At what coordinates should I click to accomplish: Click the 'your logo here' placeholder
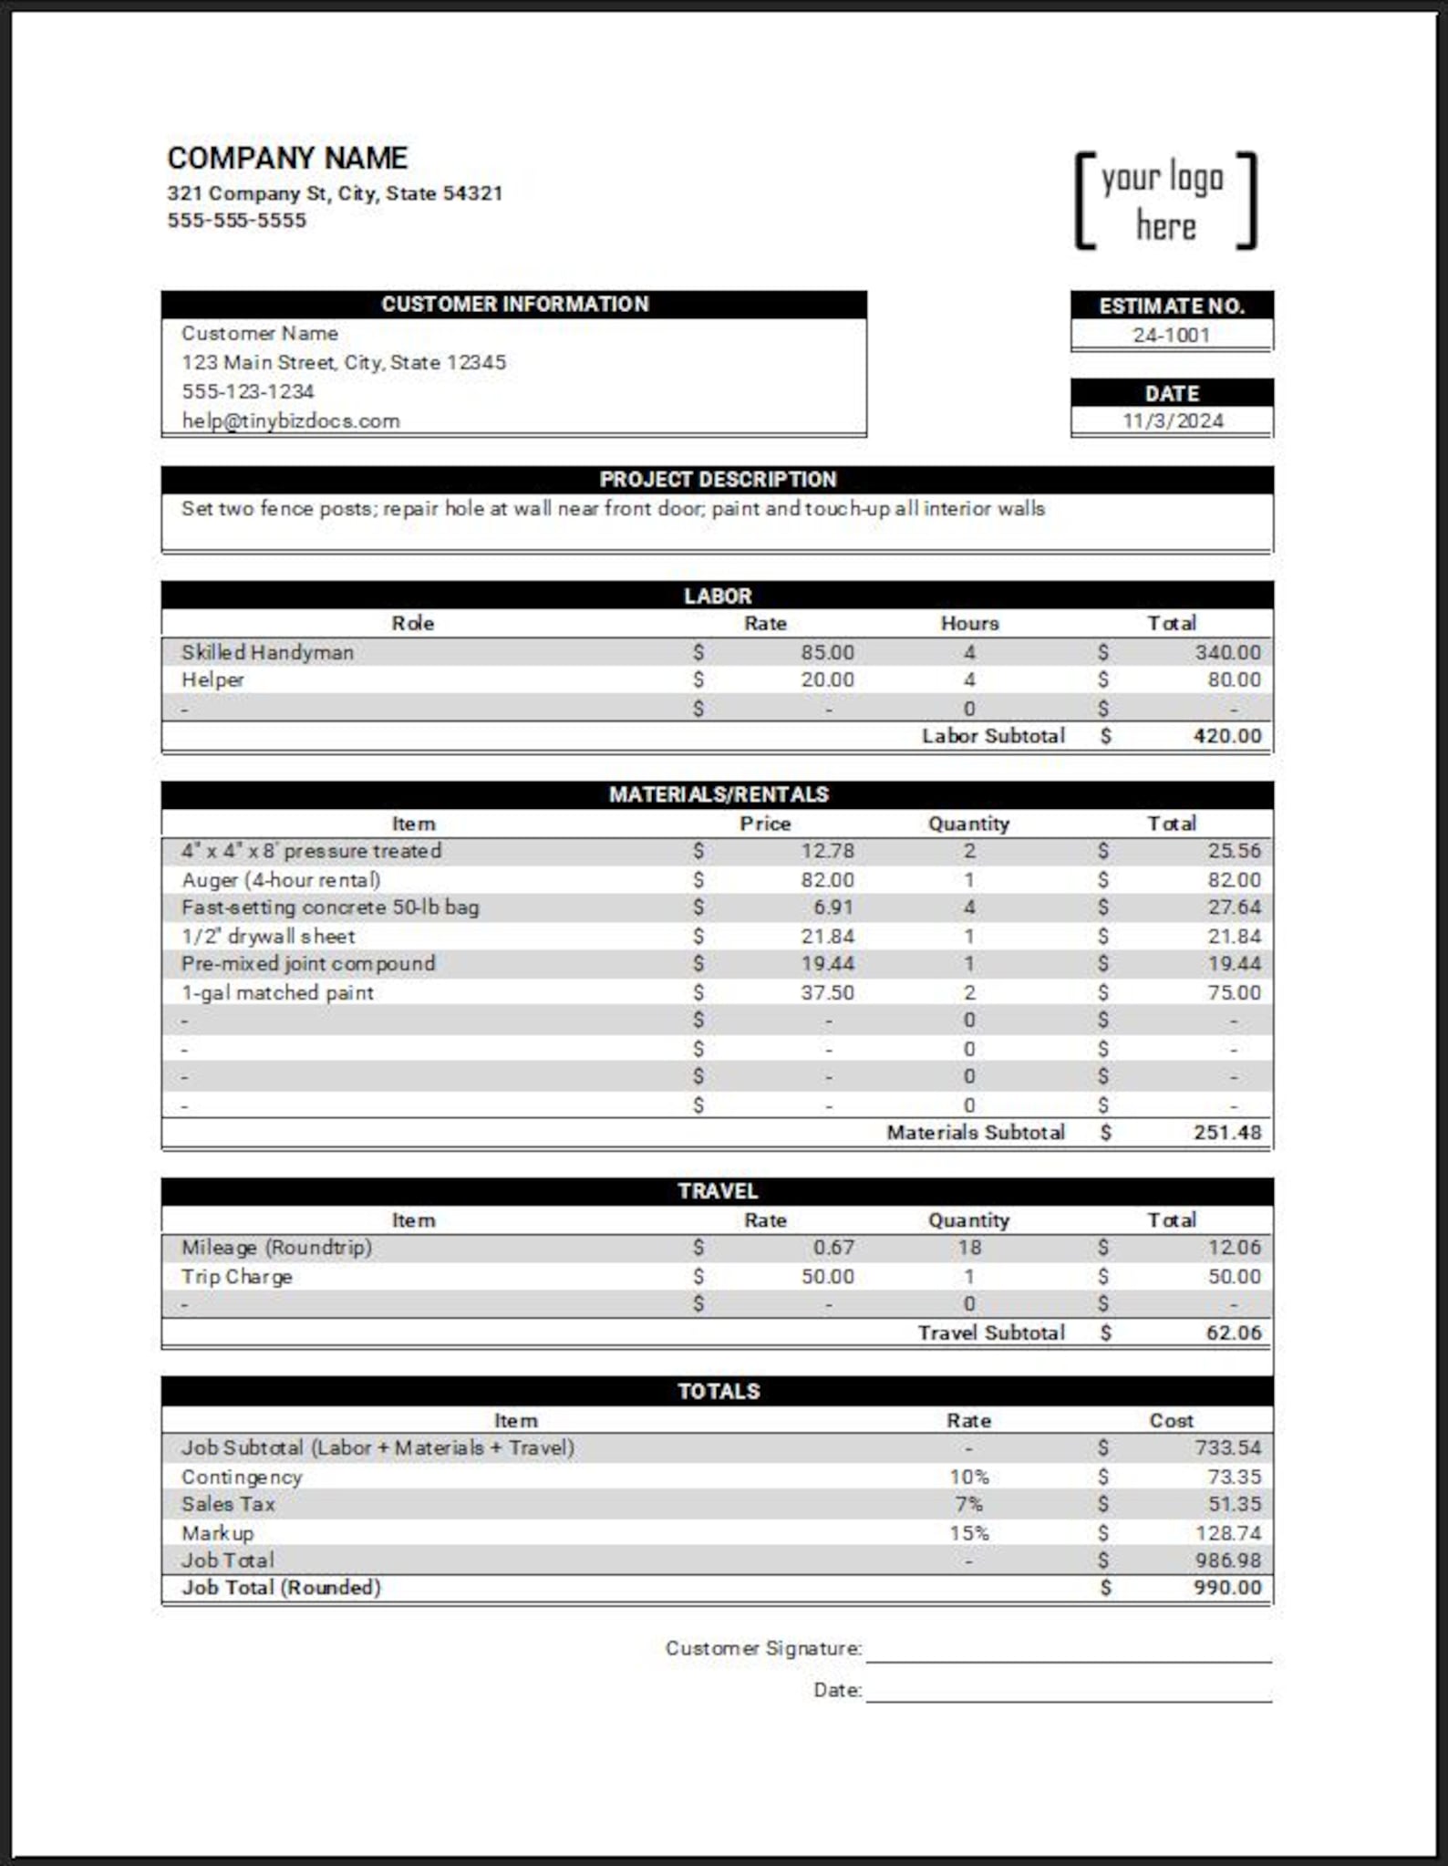pyautogui.click(x=1165, y=202)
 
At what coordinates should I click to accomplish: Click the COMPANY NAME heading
pyautogui.click(x=287, y=158)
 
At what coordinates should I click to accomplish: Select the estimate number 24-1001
pyautogui.click(x=1171, y=335)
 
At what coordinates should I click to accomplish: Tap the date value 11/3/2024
pyautogui.click(x=1172, y=420)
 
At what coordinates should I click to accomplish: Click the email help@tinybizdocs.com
pyautogui.click(x=290, y=420)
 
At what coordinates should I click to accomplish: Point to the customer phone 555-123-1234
pyautogui.click(x=247, y=391)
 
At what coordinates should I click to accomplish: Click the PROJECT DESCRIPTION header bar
pyautogui.click(x=717, y=479)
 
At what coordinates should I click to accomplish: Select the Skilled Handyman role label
pyautogui.click(x=267, y=652)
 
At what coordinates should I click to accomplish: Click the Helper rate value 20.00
pyautogui.click(x=827, y=679)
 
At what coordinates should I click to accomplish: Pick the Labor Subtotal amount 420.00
pyautogui.click(x=1226, y=736)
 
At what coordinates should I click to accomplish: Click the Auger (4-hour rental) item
pyautogui.click(x=281, y=879)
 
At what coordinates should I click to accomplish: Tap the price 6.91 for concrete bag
pyautogui.click(x=833, y=907)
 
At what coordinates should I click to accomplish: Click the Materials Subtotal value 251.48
pyautogui.click(x=1226, y=1132)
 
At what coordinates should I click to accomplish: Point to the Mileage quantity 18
pyautogui.click(x=968, y=1247)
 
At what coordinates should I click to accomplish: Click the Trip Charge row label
pyautogui.click(x=236, y=1276)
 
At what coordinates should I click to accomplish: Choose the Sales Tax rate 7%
pyautogui.click(x=968, y=1504)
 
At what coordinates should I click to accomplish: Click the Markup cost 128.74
pyautogui.click(x=1227, y=1533)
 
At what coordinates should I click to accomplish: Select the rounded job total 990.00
pyautogui.click(x=1226, y=1587)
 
